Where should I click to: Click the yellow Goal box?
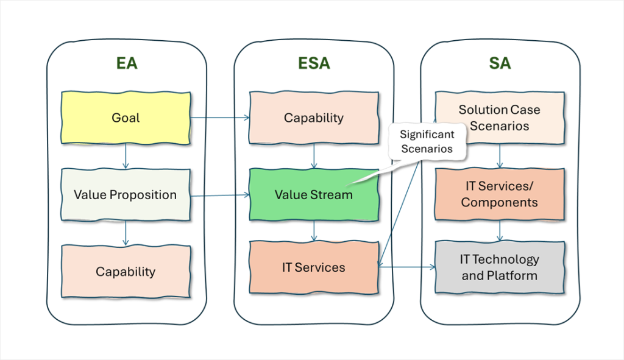(126, 118)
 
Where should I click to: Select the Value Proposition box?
(126, 194)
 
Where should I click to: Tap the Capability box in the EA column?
(126, 271)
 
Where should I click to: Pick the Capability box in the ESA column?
(314, 118)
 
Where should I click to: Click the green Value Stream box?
(314, 194)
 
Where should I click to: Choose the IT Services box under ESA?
(314, 267)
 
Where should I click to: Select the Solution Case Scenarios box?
(500, 118)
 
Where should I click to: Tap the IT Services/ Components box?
(500, 194)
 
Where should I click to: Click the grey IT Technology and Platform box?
(500, 267)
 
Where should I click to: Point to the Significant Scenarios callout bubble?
(427, 141)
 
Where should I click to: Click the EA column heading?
(127, 63)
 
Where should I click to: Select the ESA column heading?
(314, 63)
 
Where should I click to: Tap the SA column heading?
(500, 63)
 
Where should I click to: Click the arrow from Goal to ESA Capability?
(220, 118)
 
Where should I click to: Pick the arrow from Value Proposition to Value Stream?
(220, 196)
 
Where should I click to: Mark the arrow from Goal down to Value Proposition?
(126, 157)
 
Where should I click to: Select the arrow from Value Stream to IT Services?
(314, 231)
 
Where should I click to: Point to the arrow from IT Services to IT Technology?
(407, 267)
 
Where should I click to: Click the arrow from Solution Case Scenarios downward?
(500, 157)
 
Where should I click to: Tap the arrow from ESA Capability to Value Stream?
(314, 157)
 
